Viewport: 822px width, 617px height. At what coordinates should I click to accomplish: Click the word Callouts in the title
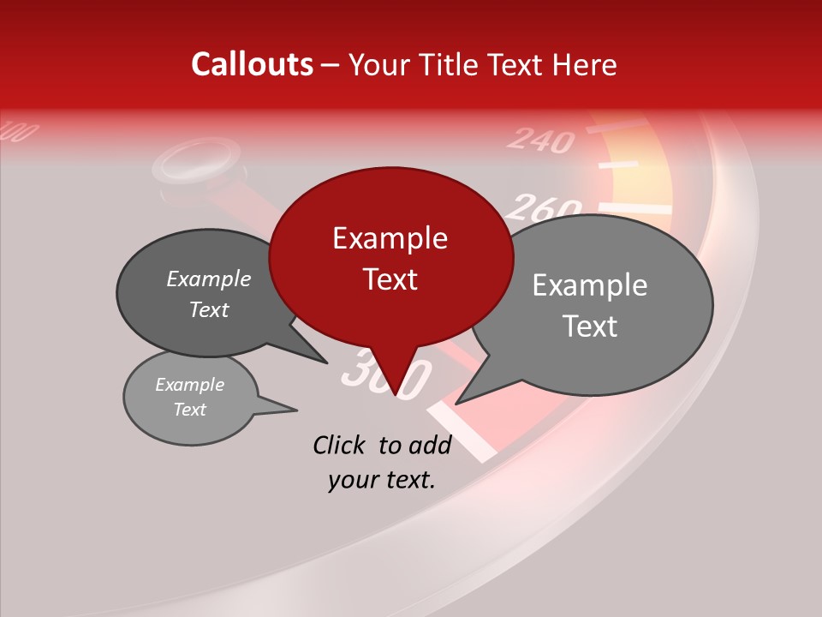tap(252, 64)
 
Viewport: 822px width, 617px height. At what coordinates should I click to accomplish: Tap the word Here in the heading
tap(586, 64)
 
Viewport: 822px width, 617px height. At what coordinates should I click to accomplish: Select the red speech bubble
tap(390, 257)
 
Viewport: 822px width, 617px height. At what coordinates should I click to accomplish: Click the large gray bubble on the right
tap(599, 304)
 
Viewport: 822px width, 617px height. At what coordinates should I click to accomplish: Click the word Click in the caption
tap(341, 445)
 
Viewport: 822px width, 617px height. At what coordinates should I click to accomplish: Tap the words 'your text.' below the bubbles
tap(382, 480)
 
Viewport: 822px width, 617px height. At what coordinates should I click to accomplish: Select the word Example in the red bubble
tap(390, 238)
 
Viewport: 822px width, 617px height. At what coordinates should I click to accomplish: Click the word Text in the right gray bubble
tap(591, 326)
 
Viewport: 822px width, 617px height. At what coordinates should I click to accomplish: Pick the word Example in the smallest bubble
tap(189, 385)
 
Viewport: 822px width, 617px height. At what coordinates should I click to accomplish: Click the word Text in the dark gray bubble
tap(208, 309)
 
